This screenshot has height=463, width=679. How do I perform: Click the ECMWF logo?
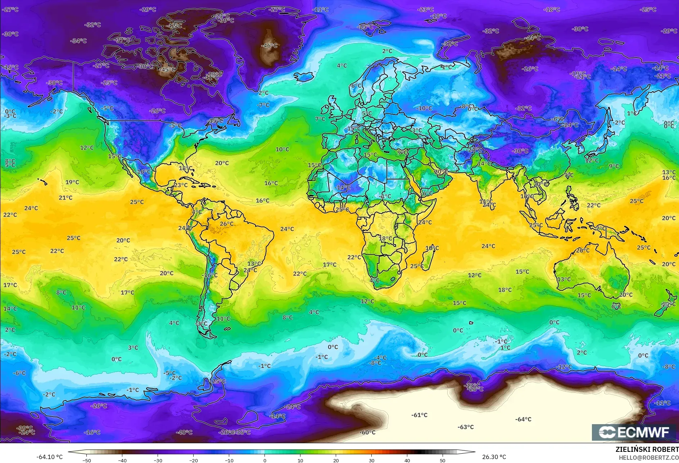click(634, 432)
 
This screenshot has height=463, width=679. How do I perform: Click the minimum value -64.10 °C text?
click(50, 457)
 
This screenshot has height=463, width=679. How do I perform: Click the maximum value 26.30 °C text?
click(494, 457)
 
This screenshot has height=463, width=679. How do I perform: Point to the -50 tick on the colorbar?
click(87, 460)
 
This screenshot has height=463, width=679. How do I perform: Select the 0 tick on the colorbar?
click(265, 460)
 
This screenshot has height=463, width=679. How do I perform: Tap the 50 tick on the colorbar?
click(443, 460)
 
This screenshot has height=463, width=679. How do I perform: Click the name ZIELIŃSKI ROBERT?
click(647, 449)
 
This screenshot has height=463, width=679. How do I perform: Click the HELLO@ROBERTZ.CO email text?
click(648, 458)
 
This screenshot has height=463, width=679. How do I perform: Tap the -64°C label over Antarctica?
click(523, 419)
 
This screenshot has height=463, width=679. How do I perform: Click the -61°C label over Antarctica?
click(419, 415)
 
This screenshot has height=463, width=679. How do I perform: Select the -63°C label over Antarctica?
click(466, 427)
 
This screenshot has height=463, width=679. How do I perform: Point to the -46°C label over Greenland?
click(270, 46)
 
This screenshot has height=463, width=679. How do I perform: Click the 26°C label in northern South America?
click(226, 224)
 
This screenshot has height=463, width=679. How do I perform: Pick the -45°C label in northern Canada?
click(167, 69)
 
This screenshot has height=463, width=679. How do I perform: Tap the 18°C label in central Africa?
click(385, 239)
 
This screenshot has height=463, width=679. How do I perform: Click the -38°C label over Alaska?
click(54, 83)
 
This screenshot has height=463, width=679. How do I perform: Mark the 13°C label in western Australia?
click(564, 279)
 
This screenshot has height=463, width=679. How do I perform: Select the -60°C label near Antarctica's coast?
click(367, 432)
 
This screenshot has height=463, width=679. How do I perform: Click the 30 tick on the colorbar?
click(371, 460)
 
